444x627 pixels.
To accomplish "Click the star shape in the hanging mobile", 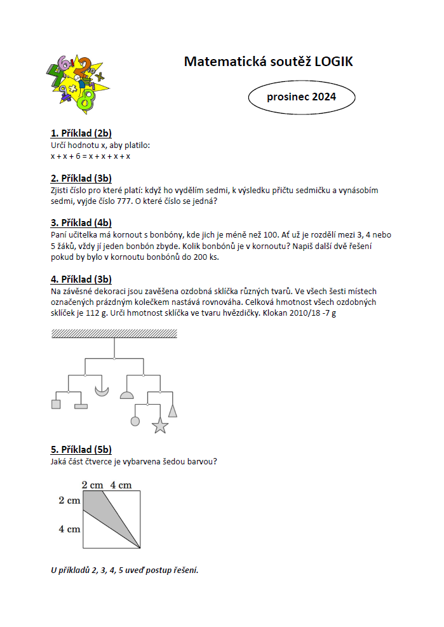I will pos(159,426).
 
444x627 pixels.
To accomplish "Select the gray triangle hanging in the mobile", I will pos(172,410).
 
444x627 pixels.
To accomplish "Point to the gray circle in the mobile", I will pos(135,421).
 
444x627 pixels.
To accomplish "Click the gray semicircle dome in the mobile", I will pos(127,395).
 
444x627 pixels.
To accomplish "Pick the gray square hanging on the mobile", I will pos(56,403).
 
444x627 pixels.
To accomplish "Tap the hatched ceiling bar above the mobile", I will pos(114,334).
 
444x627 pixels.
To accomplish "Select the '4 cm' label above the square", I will pos(121,485).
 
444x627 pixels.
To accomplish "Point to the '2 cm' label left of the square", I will pos(69,501).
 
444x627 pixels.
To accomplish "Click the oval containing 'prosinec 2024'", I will pos(301,97).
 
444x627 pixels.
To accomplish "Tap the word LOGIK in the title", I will pos(329,62).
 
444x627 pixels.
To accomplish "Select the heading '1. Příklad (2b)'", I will pos(81,133).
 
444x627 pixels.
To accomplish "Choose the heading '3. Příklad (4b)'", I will pos(81,223).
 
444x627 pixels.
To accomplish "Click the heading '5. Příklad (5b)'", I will pos(81,450).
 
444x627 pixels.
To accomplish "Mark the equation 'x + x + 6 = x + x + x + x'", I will pos(90,156).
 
